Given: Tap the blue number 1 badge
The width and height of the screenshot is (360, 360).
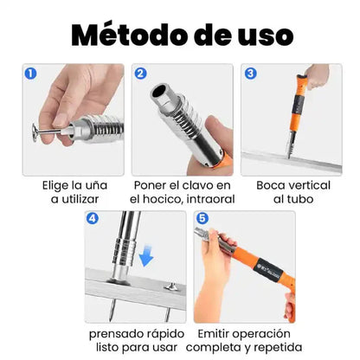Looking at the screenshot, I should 32,74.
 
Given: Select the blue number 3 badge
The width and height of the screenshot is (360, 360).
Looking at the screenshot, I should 250,74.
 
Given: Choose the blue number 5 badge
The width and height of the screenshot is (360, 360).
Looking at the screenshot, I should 202,221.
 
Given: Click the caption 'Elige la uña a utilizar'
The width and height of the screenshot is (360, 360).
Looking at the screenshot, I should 74,192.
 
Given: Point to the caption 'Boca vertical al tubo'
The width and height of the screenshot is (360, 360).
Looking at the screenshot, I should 292,192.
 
